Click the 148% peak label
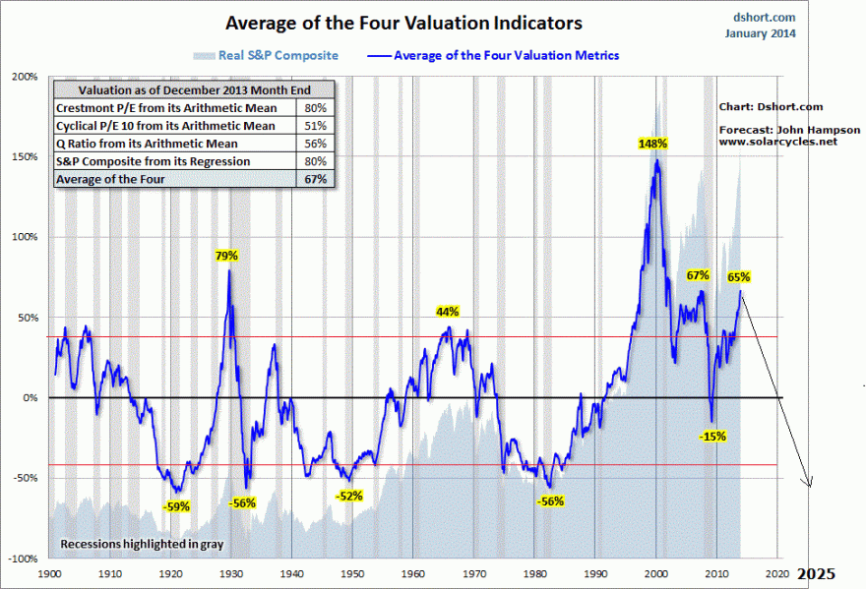click(x=652, y=144)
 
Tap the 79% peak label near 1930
click(x=227, y=256)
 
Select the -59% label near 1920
click(x=176, y=506)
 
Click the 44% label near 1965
click(x=448, y=312)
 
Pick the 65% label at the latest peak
click(x=739, y=277)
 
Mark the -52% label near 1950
click(x=349, y=496)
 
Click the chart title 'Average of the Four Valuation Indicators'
click(x=403, y=22)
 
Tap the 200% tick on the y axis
click(x=26, y=76)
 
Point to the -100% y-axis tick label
click(x=24, y=558)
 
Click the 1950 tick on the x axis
click(x=352, y=572)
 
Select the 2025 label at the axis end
click(x=816, y=573)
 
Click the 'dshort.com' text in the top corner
click(x=765, y=17)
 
